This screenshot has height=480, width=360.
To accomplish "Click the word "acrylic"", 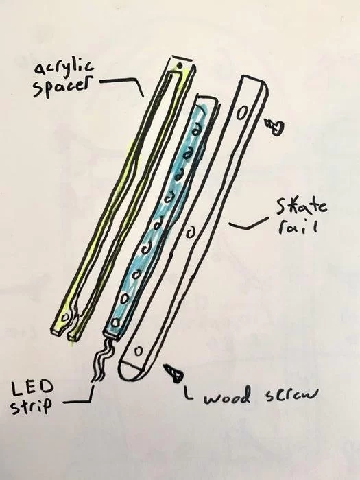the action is coord(64,68).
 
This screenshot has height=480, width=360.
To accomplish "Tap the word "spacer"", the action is coord(63,86).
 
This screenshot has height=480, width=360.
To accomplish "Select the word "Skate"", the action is coord(302,206).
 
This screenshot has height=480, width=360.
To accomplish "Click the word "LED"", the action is coord(32,389).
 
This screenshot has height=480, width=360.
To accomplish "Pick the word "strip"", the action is coord(32,406).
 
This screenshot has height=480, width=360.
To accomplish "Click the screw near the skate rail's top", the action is coord(275,127).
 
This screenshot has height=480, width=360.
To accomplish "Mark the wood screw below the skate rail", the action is coord(174,372).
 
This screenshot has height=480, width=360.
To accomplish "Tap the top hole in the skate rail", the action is coord(242,114).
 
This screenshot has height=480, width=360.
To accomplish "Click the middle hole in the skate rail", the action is coord(191,233).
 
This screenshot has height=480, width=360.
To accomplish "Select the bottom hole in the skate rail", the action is coord(139,351).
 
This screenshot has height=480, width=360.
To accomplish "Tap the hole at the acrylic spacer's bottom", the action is coord(64,317).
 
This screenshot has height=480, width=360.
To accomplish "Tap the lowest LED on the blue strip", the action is coord(115,322).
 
